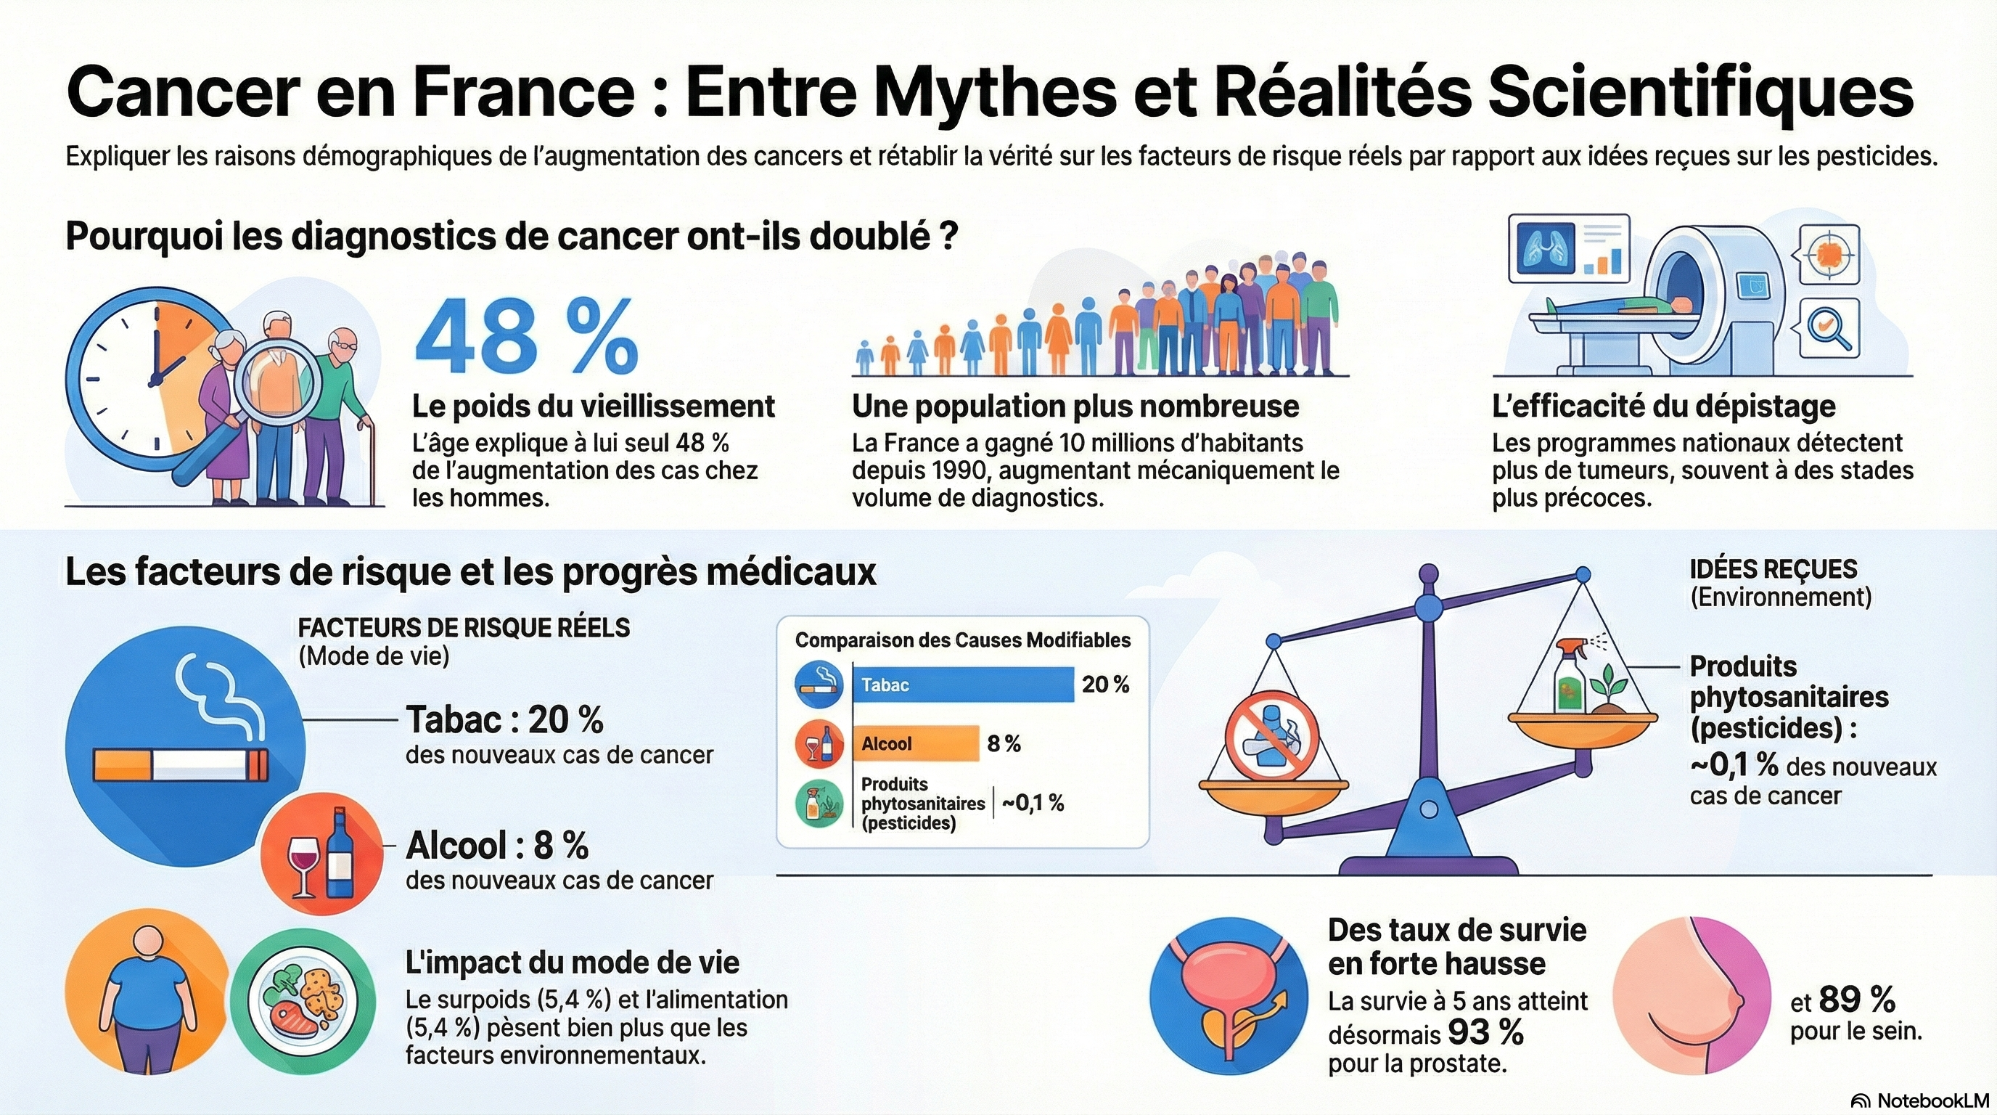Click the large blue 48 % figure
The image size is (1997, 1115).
coord(526,338)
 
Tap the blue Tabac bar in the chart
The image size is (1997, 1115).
coord(963,685)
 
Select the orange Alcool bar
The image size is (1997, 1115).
coord(916,743)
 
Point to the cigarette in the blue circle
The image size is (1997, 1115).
coord(181,764)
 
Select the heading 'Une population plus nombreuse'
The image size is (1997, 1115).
coord(1075,407)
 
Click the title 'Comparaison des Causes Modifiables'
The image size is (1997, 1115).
coord(962,640)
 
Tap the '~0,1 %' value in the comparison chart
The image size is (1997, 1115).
coord(1033,804)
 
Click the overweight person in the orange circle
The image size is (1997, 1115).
coord(145,1000)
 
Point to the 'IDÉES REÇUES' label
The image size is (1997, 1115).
coord(1773,569)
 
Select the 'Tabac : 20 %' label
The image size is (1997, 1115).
coord(504,720)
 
